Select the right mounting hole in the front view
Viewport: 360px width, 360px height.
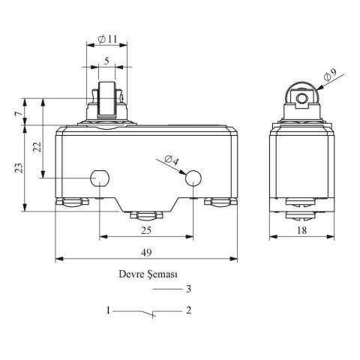click(193, 178)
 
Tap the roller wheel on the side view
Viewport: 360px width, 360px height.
click(301, 99)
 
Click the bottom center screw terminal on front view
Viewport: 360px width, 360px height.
click(145, 216)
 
